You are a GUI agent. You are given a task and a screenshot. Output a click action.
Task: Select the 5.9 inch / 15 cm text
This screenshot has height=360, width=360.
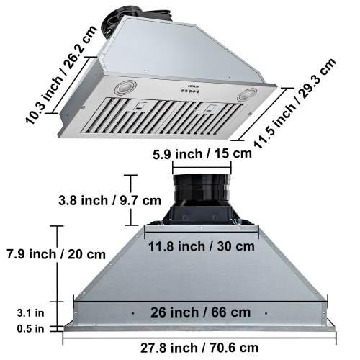coord(202,153)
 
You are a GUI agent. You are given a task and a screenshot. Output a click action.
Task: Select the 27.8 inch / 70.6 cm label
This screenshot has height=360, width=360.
coord(200,348)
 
